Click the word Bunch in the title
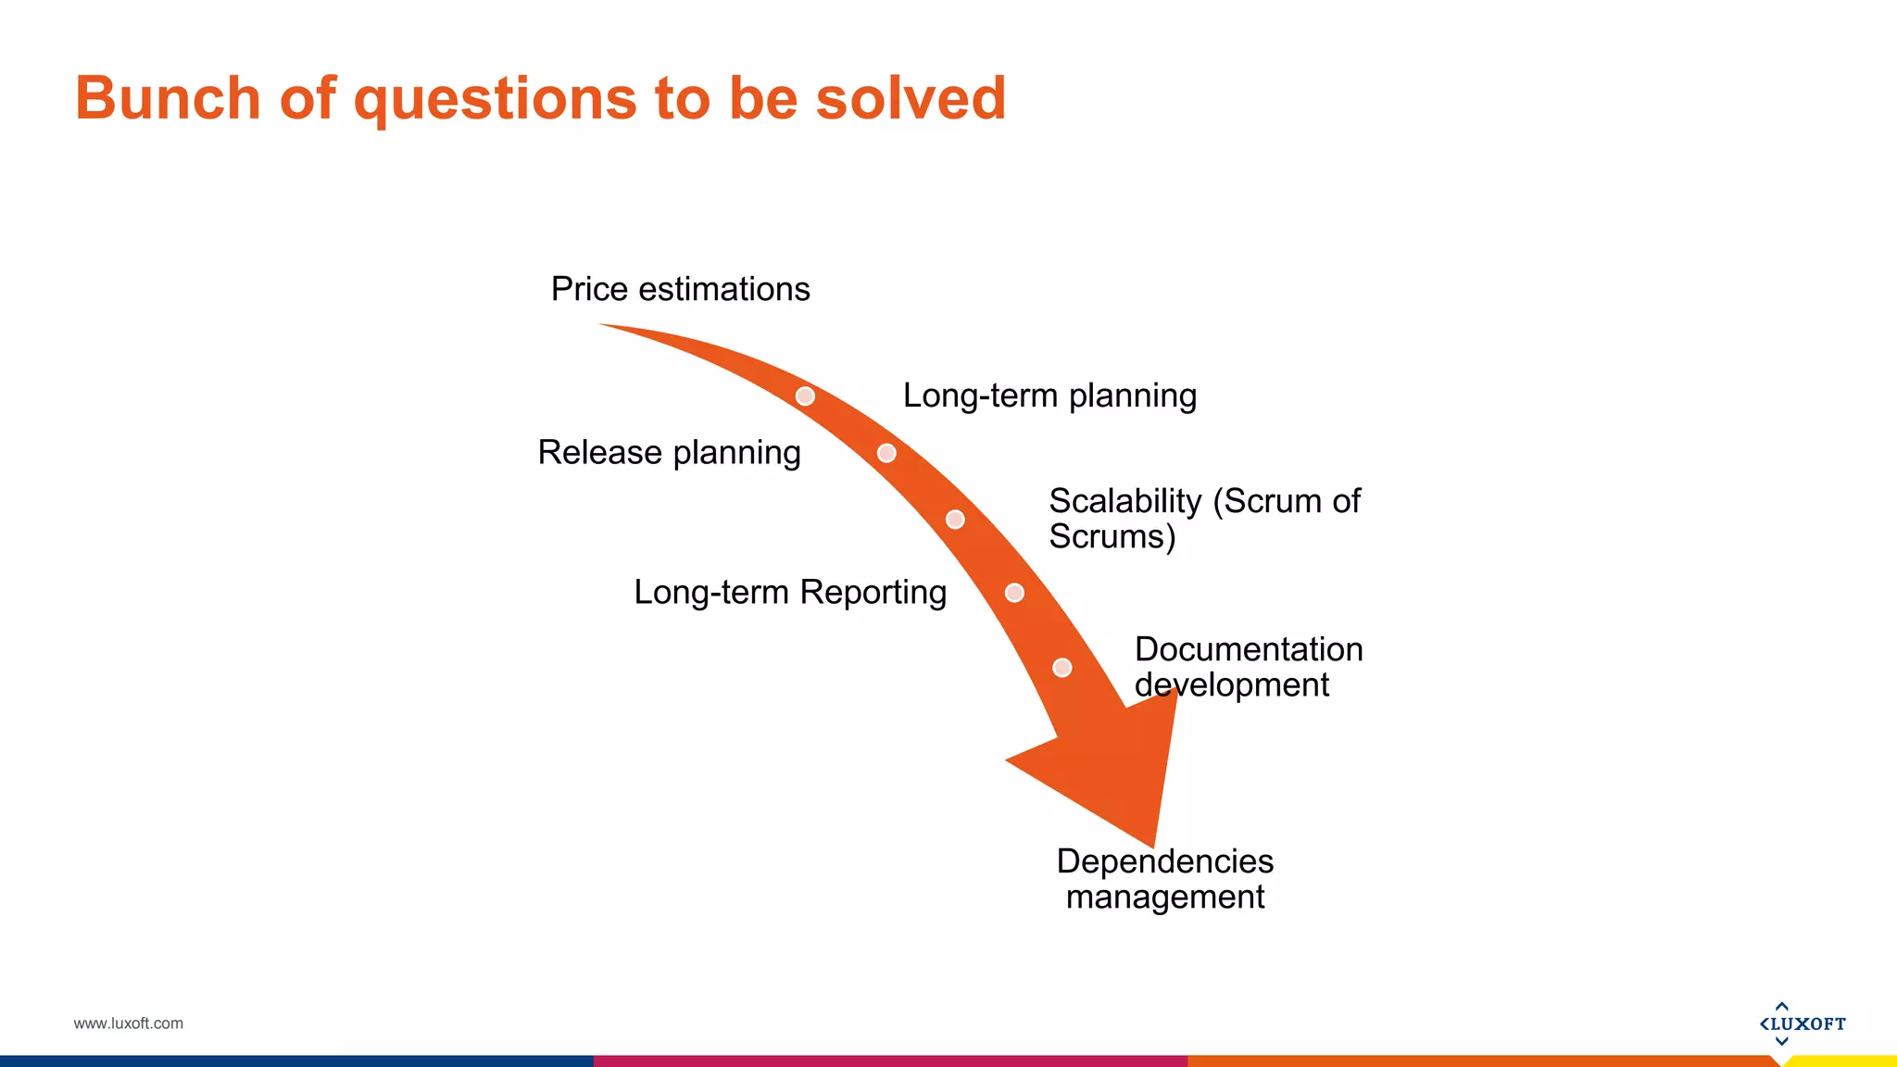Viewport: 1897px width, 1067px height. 168,98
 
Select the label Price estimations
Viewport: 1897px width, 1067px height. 680,289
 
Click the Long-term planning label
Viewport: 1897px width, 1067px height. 1049,395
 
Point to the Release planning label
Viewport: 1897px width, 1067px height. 669,453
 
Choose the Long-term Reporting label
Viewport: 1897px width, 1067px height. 789,592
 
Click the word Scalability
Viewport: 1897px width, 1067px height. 1124,501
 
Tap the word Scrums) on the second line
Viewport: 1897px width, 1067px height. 1112,537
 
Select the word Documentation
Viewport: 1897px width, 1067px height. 1248,649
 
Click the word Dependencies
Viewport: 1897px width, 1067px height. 1164,861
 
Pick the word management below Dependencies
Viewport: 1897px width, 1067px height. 1164,897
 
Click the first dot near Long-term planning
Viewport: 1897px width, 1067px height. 805,396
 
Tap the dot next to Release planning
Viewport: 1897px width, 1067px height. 886,453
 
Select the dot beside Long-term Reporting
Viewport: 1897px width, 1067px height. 1014,593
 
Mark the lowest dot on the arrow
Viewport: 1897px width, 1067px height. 1062,668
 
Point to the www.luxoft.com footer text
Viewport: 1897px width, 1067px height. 128,1023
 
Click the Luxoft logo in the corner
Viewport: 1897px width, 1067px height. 1802,1023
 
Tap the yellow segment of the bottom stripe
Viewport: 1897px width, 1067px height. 1843,1061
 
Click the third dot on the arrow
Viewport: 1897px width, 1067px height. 955,520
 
